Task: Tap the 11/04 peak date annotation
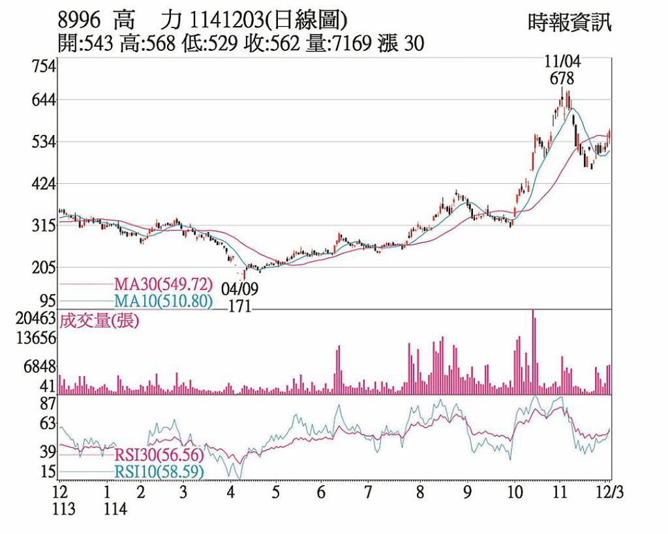[562, 63]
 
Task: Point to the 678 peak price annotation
[562, 79]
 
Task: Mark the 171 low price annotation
[239, 307]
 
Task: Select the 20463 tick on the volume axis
[38, 319]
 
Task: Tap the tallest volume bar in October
[533, 352]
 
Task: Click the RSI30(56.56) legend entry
[159, 454]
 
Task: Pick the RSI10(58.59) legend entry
[159, 471]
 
